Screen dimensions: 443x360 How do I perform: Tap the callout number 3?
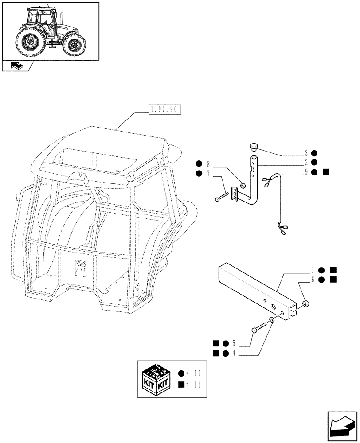pos(306,153)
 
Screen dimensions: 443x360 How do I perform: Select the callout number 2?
pos(306,163)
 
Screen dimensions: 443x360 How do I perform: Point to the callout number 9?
pos(306,172)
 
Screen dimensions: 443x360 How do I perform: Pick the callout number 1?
pos(313,269)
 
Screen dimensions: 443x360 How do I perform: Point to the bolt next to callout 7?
pos(222,196)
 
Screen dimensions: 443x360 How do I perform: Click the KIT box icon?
pos(155,379)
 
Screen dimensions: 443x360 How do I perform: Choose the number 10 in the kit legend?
pos(197,374)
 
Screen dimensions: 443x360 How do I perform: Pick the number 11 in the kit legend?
pos(197,385)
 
